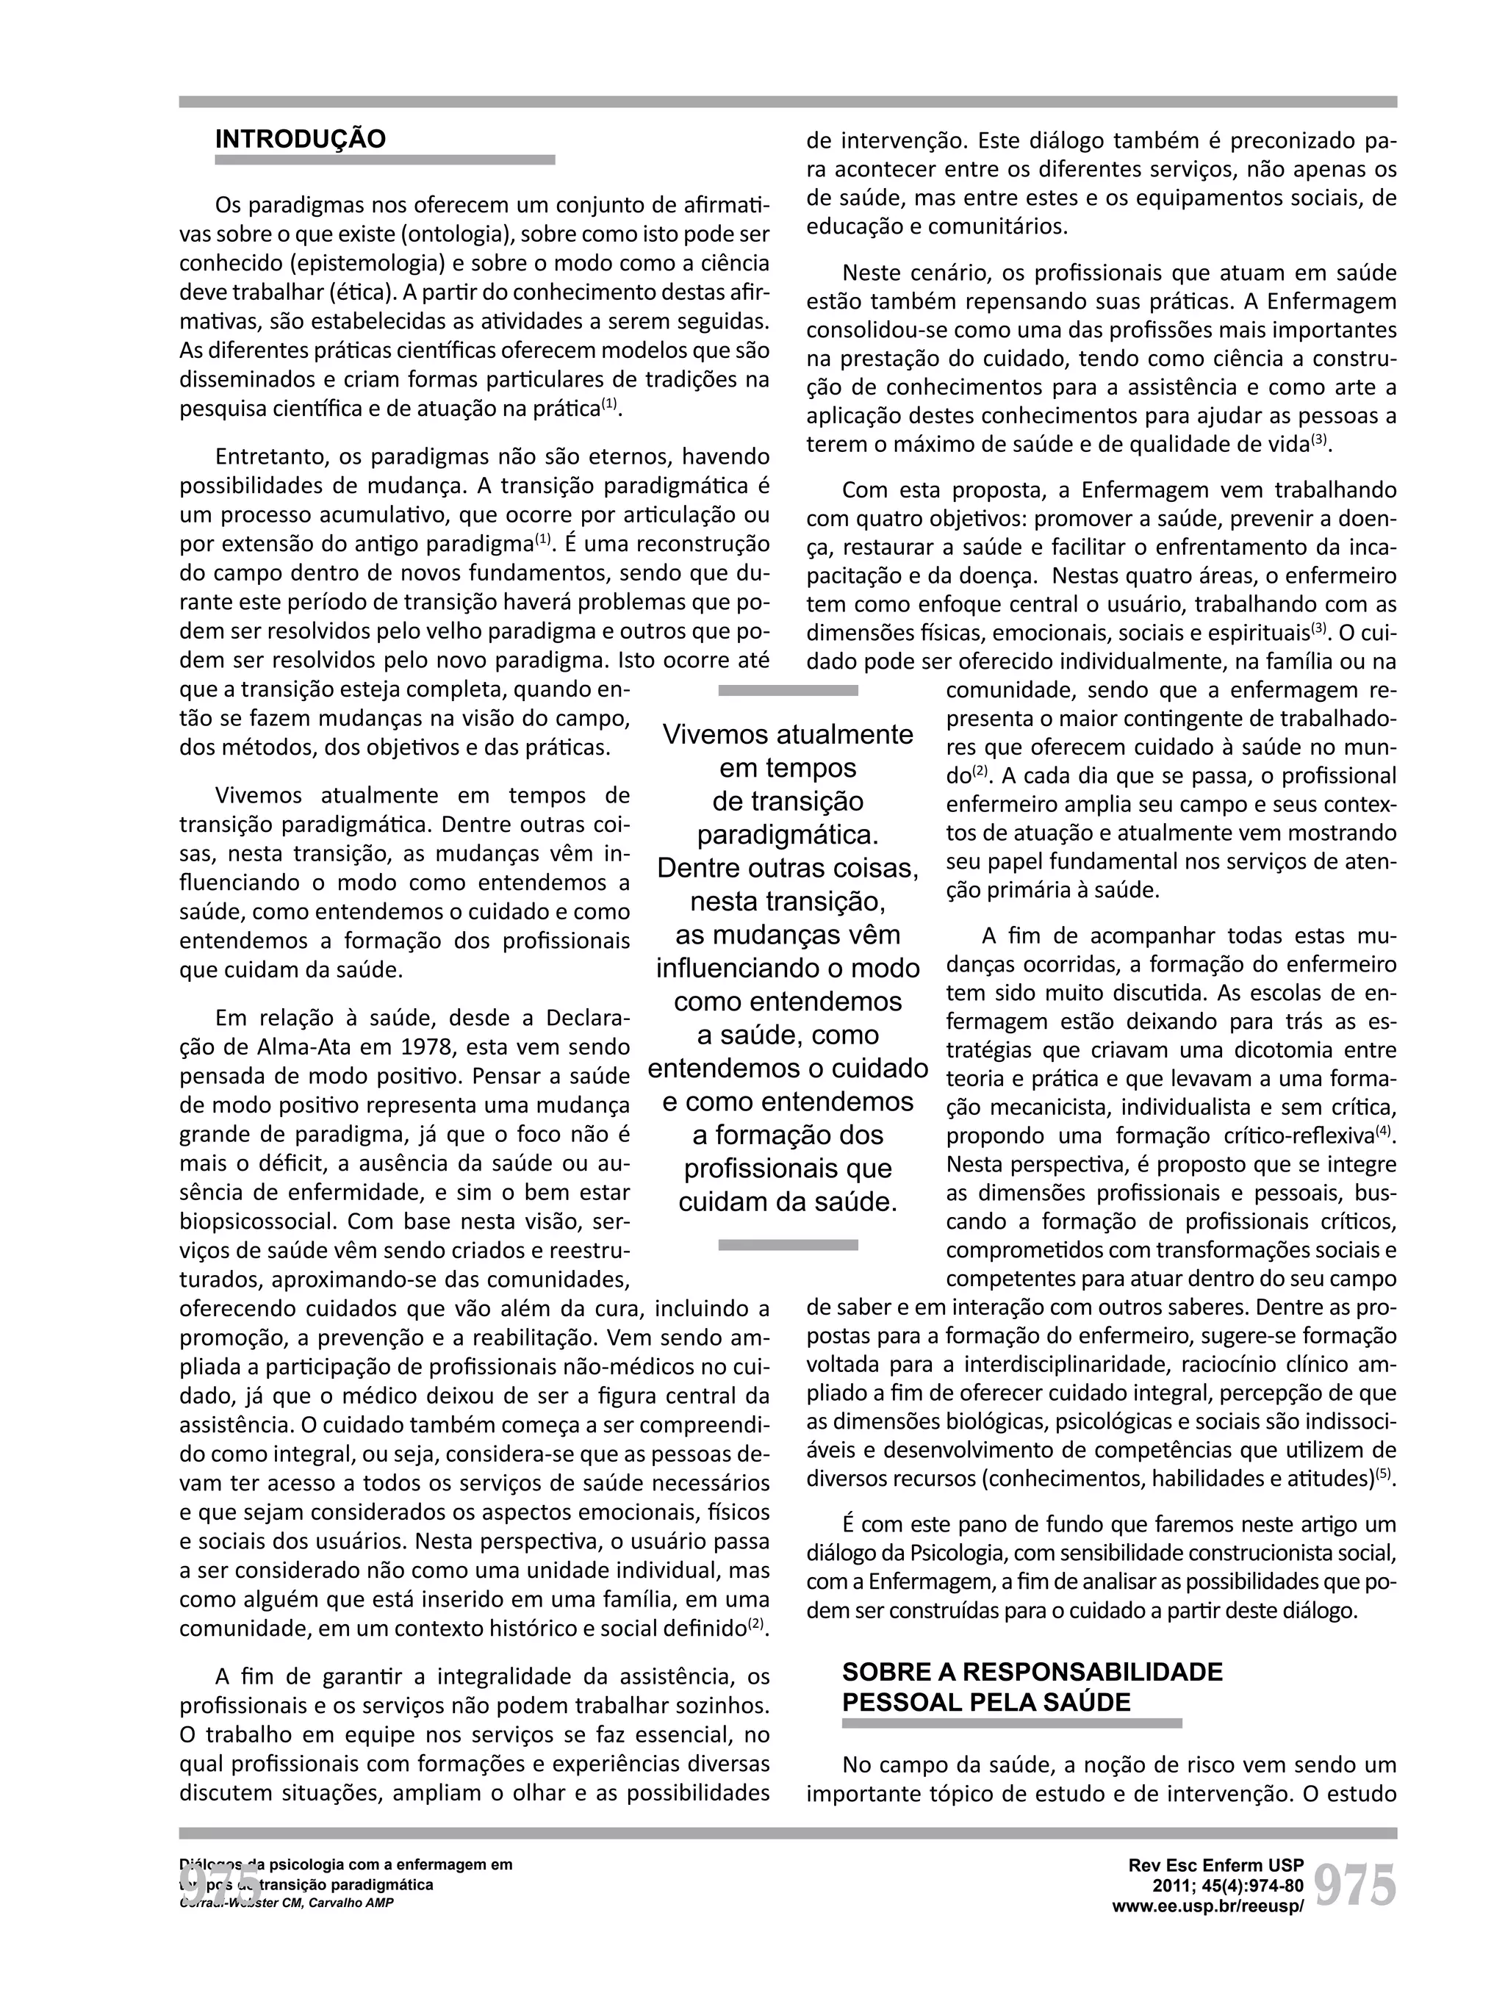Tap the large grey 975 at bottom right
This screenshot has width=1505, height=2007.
(x=1354, y=1886)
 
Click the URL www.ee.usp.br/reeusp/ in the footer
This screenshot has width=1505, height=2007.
(x=1207, y=1906)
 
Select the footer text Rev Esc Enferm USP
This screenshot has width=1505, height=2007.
(x=1215, y=1865)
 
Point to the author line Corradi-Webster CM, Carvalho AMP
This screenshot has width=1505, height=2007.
(x=287, y=1902)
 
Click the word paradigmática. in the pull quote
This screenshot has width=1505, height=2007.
(x=788, y=834)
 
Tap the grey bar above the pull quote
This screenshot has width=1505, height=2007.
(x=788, y=691)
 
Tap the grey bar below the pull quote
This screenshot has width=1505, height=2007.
(x=788, y=1245)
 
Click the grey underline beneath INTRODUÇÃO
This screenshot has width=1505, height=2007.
(x=384, y=159)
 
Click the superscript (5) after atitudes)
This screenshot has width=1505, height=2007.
(x=1384, y=1473)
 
